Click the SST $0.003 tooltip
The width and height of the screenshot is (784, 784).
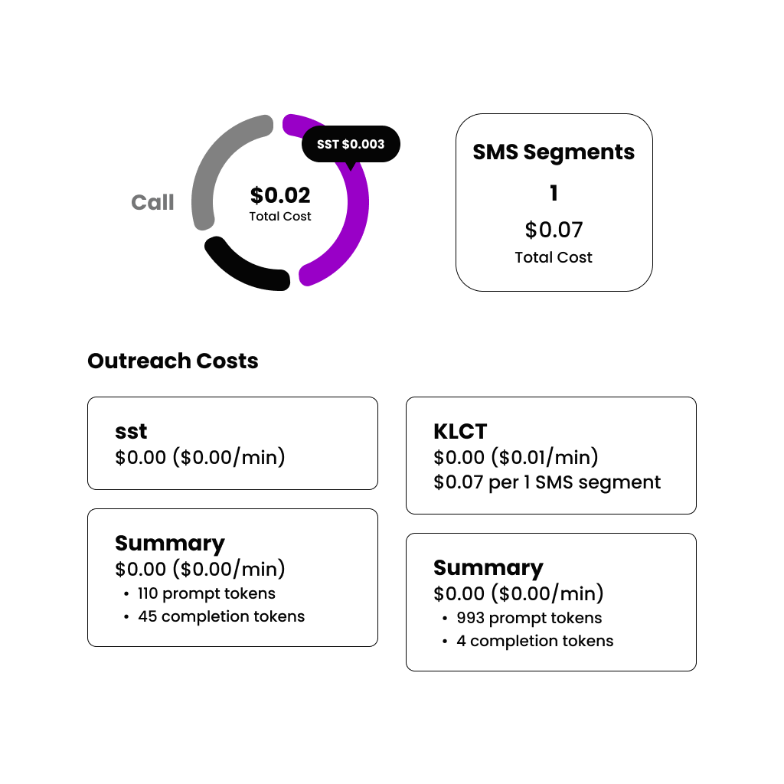point(351,144)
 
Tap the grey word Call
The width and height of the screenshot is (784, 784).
point(152,203)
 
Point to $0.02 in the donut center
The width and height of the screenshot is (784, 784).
point(280,195)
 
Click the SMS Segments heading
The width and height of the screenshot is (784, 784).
point(554,152)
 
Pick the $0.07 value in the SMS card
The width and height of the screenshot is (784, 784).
point(554,230)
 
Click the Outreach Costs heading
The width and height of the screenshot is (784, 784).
point(172,361)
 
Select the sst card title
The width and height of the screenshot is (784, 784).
point(132,432)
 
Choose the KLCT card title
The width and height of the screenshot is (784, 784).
point(460,432)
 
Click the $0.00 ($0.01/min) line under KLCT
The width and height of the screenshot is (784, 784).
point(516,458)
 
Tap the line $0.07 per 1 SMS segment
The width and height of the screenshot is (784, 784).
point(547,482)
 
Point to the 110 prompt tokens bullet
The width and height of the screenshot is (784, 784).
point(207,593)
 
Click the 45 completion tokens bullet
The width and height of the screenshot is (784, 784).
point(221,616)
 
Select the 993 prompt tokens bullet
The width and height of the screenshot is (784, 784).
point(529,618)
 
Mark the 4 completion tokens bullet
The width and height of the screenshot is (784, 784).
point(534,641)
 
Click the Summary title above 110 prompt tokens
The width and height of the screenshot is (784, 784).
point(169,544)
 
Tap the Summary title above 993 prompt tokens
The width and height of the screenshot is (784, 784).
point(488,568)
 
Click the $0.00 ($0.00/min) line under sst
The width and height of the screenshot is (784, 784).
point(200,458)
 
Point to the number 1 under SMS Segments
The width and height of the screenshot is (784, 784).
point(554,194)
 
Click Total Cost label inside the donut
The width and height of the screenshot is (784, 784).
point(280,217)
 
